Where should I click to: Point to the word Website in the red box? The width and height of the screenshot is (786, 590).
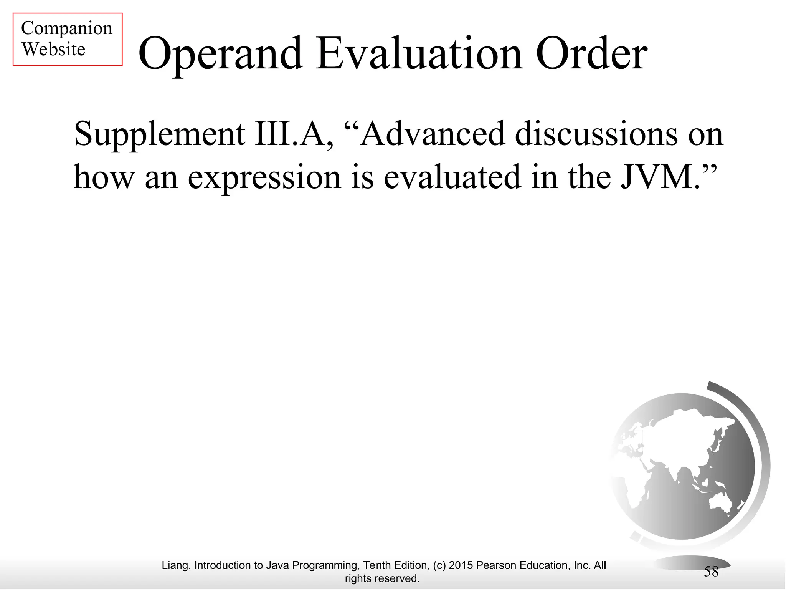pos(53,49)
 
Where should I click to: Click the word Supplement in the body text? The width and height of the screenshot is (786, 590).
pos(159,134)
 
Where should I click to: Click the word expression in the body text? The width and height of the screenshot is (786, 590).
pos(264,177)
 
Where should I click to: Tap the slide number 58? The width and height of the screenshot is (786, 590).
pos(711,572)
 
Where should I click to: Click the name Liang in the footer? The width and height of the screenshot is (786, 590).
pos(175,565)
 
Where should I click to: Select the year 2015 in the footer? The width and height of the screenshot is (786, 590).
pos(461,565)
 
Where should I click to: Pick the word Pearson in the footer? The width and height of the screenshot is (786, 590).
pos(496,565)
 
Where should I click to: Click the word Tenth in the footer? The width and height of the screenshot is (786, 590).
pos(377,565)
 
